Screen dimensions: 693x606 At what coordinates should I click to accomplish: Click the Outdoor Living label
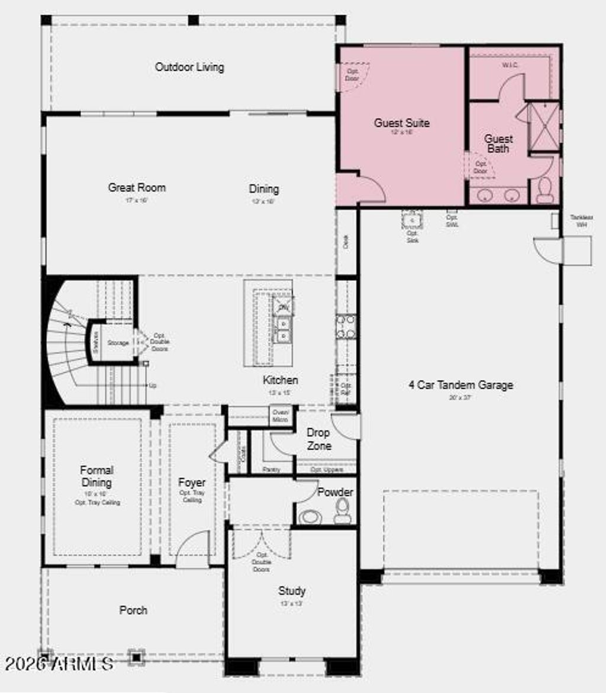[189, 67]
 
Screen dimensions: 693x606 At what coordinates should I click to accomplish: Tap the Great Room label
[137, 187]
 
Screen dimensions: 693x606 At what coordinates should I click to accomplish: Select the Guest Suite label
[401, 123]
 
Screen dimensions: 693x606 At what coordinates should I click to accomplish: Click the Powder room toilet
[343, 511]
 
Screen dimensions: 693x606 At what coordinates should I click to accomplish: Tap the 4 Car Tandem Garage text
[461, 385]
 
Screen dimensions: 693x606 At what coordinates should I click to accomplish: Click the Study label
[292, 591]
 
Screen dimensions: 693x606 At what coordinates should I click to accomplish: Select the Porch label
[133, 610]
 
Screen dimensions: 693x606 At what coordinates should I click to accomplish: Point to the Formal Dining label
[97, 476]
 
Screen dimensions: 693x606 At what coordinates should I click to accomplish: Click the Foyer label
[192, 482]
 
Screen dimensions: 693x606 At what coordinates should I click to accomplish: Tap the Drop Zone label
[318, 439]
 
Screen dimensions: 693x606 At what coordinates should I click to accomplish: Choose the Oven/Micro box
[280, 416]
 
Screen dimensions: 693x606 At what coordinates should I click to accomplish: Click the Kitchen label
[280, 380]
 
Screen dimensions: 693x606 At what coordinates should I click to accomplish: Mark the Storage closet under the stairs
[118, 343]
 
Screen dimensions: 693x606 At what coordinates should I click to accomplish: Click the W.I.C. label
[510, 64]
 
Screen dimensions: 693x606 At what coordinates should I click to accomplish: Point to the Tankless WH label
[581, 221]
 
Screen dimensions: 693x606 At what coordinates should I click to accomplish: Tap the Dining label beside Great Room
[263, 189]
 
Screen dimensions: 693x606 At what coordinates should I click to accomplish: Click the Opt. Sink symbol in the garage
[411, 221]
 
